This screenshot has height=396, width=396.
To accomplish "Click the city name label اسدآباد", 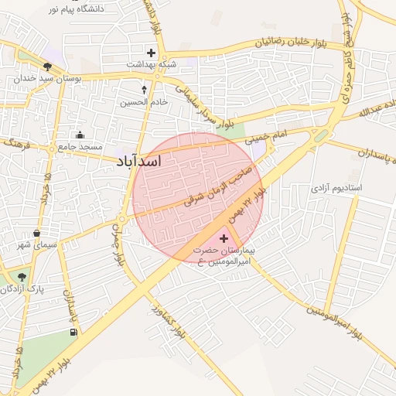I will coord(138,162).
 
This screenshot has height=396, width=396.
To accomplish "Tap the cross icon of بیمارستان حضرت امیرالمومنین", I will coord(224,238).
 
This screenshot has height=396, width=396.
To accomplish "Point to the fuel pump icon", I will coord(73,333).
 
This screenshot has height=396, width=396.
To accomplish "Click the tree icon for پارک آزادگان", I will coord(21,276).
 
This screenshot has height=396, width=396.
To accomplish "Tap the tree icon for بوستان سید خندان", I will coord(48,67).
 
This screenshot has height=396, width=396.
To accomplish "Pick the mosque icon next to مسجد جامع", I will coord(80,135).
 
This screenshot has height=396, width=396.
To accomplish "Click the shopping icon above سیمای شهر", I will coord(36,233).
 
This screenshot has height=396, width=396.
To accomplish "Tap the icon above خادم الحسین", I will coord(144,90).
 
